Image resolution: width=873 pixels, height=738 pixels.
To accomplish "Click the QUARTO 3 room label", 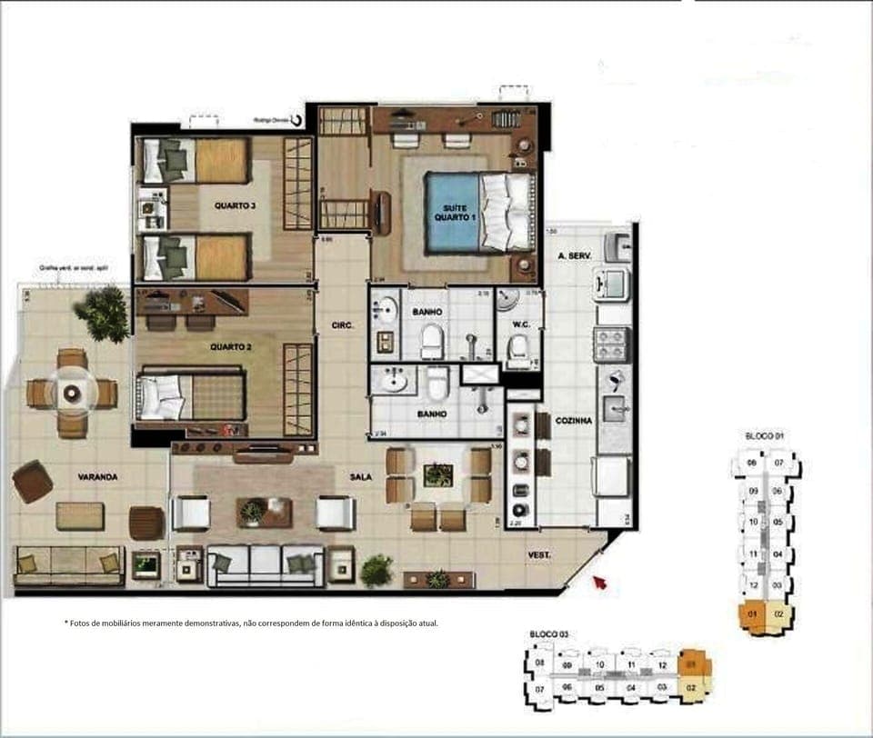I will (235, 205).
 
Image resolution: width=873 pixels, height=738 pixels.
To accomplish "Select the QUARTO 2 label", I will (230, 346).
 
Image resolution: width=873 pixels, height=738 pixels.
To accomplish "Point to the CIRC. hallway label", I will (342, 324).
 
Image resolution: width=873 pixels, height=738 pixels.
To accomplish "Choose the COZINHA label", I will (573, 421).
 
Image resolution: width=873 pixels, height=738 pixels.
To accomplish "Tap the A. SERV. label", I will (575, 256).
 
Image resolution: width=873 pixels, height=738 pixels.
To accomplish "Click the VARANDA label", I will (97, 476).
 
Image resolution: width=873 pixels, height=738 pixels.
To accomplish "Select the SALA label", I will (362, 475).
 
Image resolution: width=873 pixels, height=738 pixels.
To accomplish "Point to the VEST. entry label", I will (542, 554).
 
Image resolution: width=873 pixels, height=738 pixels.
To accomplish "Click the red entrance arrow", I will (598, 582).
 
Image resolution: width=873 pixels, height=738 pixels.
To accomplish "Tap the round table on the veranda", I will (72, 393).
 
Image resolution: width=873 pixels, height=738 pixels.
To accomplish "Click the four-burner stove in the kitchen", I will (611, 344).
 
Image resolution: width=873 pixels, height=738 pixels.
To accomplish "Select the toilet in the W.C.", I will (519, 349).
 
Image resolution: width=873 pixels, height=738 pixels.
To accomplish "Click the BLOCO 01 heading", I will (765, 436).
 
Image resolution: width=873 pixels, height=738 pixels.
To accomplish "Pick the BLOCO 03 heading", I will (548, 633).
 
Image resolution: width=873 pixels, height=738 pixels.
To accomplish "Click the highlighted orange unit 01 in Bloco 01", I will (752, 615).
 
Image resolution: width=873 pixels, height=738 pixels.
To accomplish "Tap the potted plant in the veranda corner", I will (103, 314).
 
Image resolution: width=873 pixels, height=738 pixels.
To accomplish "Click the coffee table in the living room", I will (265, 513).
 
